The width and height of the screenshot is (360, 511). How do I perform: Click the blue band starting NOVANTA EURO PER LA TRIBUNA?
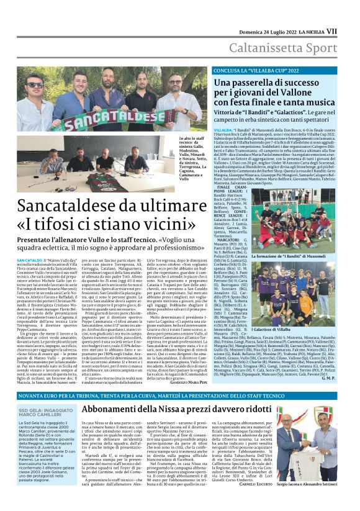pos(180,396)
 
